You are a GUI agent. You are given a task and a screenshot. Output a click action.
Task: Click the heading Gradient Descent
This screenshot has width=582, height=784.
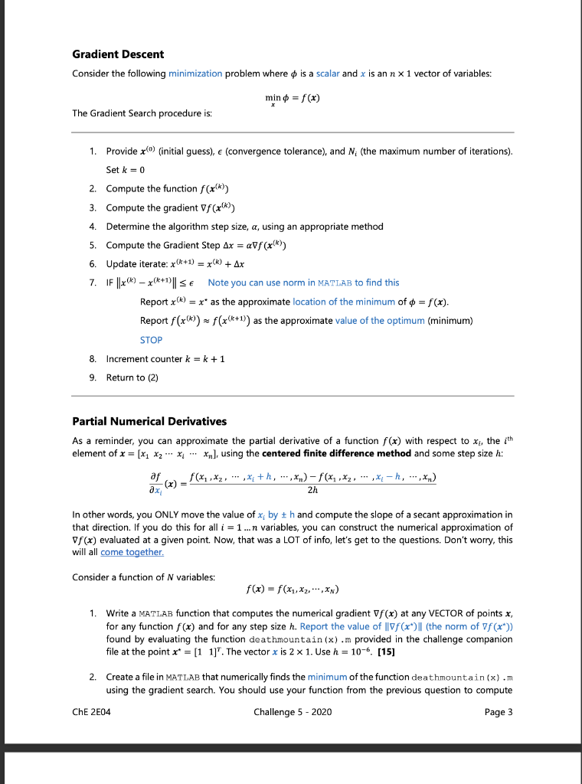click(118, 54)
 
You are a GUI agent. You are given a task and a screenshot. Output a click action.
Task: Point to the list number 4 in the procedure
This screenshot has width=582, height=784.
click(93, 226)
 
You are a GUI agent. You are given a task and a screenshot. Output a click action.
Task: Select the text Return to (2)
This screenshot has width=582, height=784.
click(132, 377)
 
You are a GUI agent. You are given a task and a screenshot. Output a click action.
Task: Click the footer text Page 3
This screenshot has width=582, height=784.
click(499, 712)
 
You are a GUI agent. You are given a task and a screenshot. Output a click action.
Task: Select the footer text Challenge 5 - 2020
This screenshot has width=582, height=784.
click(291, 712)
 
